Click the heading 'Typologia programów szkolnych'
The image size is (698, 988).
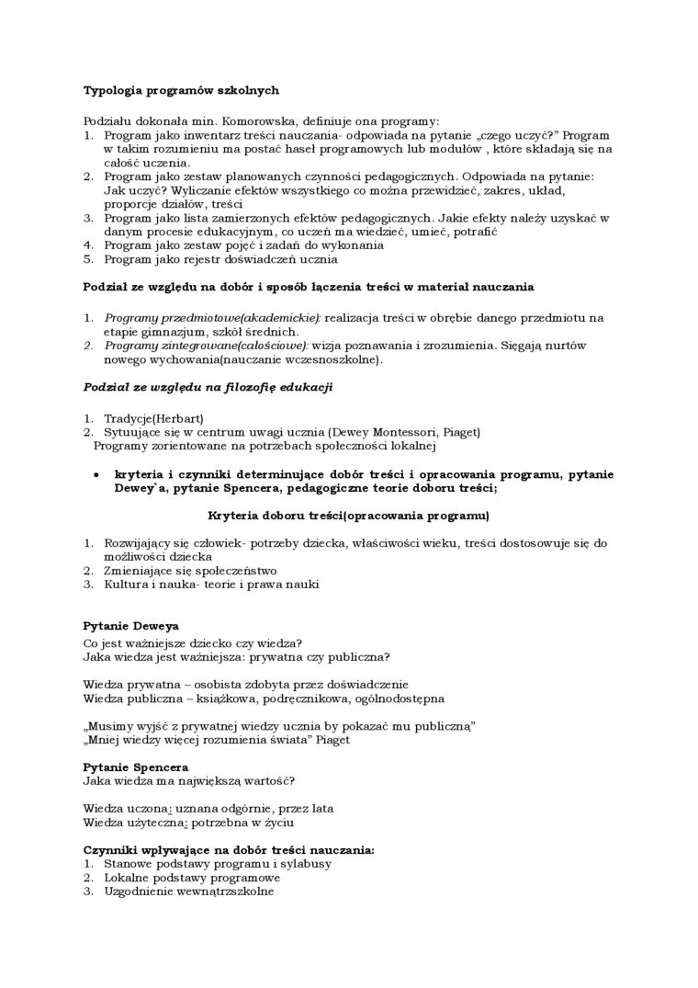181,91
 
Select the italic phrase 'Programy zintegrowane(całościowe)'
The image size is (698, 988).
206,346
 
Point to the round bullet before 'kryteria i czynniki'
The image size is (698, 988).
97,474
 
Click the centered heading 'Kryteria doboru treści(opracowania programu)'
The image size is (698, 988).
349,515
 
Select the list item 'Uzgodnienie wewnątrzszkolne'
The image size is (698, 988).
188,891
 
